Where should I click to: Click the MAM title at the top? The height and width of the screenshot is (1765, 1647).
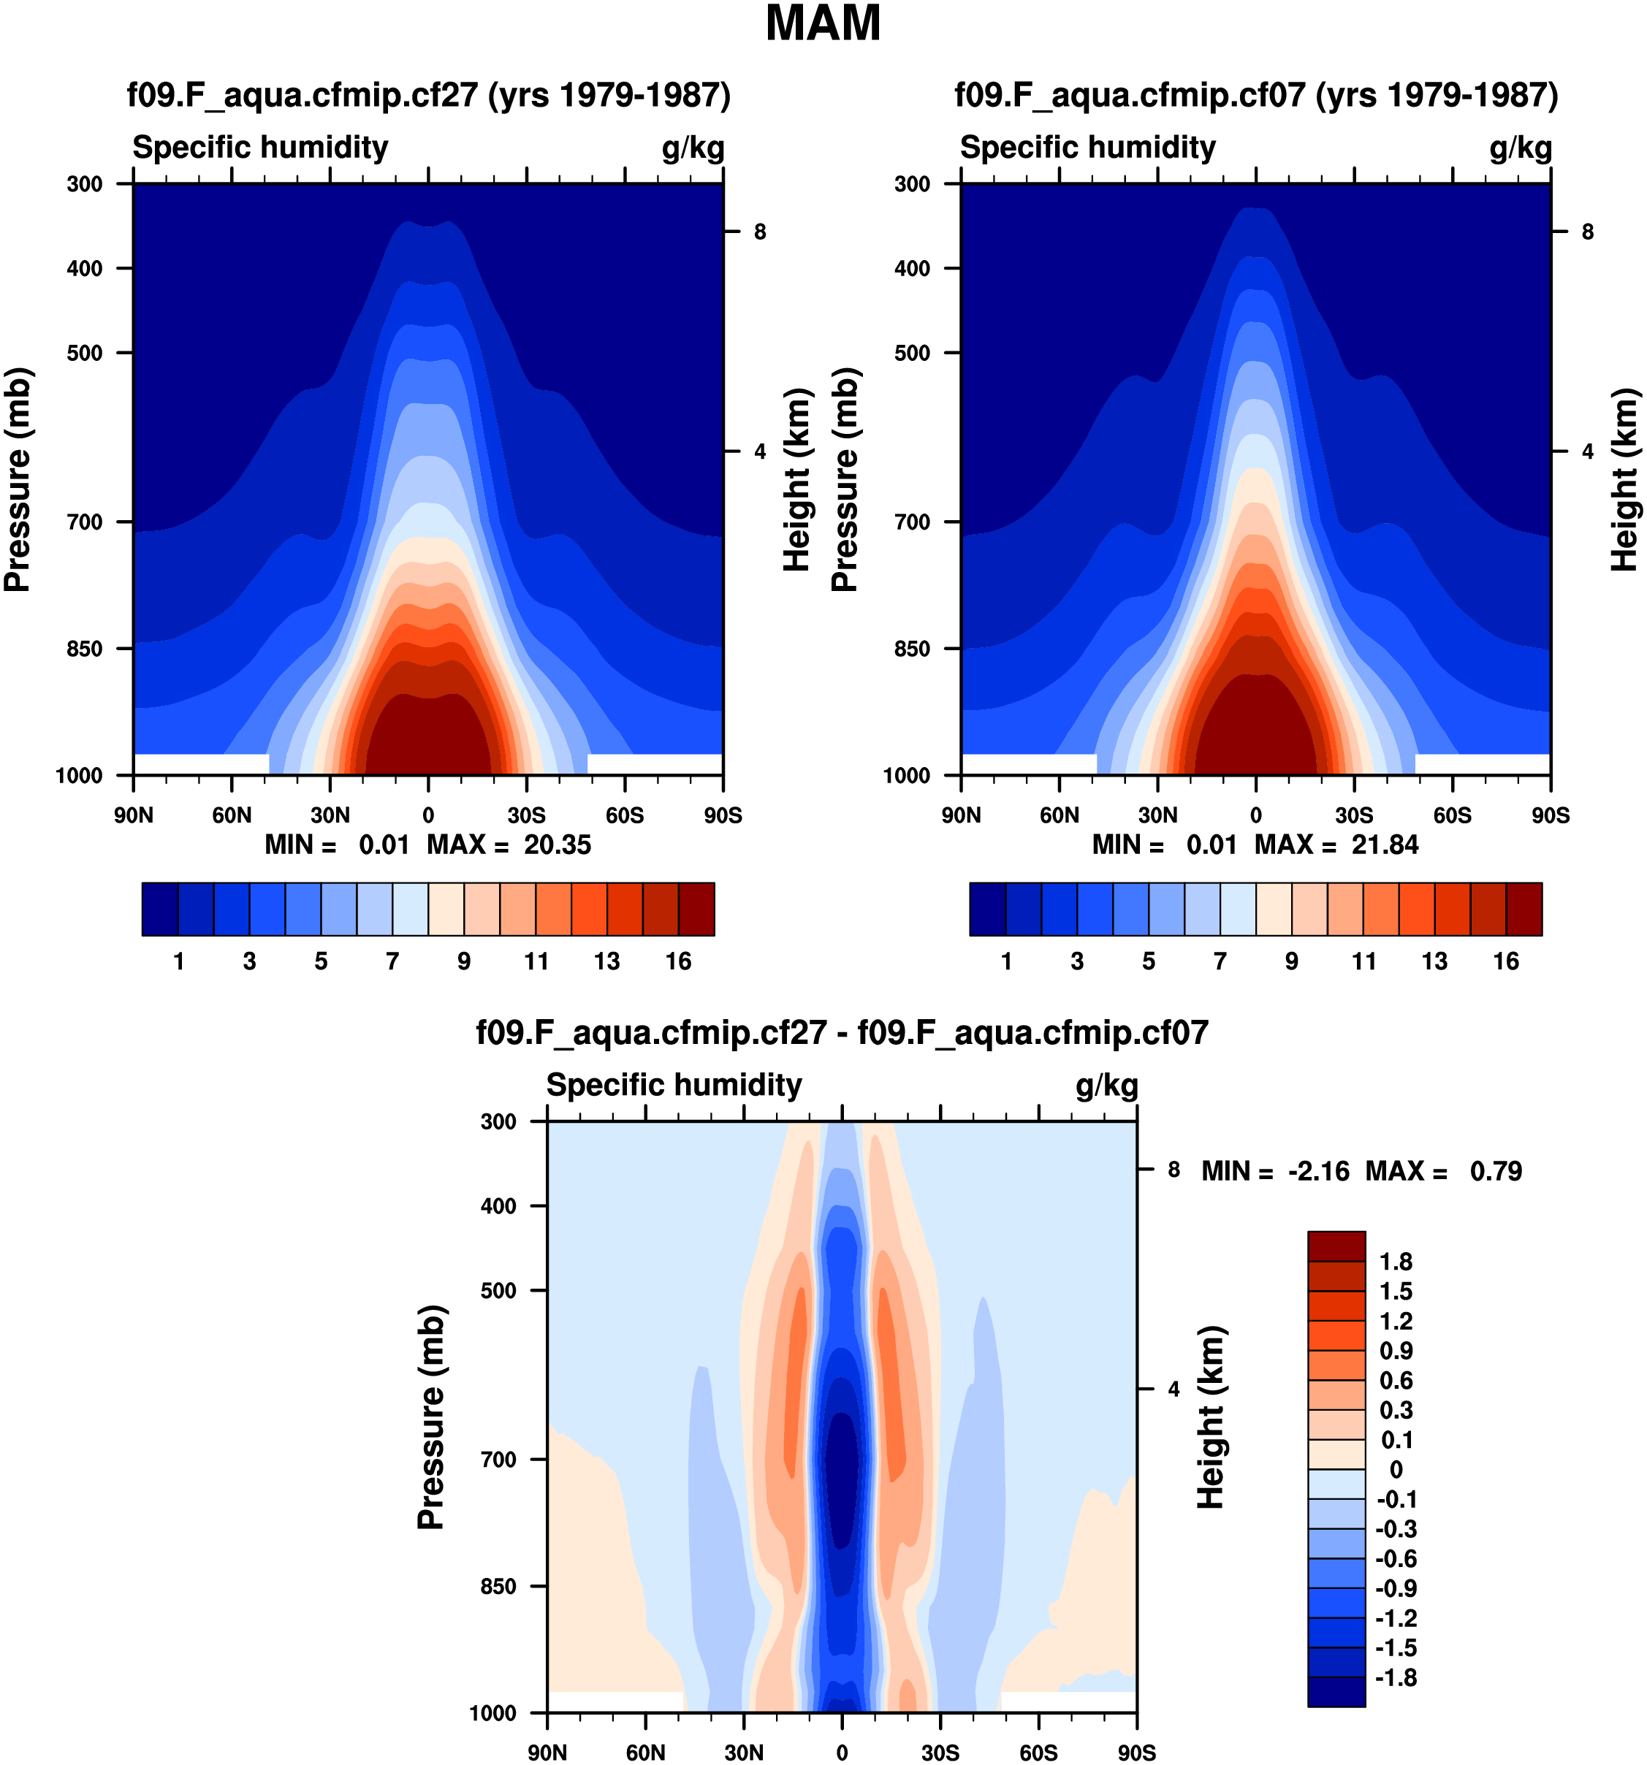coord(823,24)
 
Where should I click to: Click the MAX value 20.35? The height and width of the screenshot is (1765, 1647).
coord(557,845)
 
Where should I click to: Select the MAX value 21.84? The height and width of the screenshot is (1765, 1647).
coord(1384,845)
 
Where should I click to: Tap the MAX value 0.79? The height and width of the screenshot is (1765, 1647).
coord(1496,1171)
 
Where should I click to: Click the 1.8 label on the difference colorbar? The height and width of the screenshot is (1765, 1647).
coord(1396,1262)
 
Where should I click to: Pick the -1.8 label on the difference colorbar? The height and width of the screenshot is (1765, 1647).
coord(1396,1677)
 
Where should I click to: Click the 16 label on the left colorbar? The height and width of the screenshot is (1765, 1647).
coord(678,961)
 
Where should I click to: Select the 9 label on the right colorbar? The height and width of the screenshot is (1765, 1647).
coord(1291,961)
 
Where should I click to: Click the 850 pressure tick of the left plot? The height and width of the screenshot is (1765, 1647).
coord(85,649)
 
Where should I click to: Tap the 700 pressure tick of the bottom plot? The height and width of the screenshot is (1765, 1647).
coord(499,1459)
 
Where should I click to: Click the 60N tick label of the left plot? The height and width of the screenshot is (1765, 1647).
coord(232,815)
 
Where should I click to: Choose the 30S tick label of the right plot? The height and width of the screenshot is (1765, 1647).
coord(1353,815)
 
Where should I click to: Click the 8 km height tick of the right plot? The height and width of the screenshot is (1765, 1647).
coord(1588,232)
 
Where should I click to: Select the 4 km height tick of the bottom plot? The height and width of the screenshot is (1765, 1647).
coord(1174,1389)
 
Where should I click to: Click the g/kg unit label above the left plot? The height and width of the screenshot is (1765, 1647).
coord(693,148)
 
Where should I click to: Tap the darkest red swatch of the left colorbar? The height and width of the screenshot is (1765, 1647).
coord(696,908)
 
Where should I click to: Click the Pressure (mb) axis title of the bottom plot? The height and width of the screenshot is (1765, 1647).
coord(430,1417)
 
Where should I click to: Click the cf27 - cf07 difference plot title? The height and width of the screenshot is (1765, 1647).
coord(842,1032)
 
